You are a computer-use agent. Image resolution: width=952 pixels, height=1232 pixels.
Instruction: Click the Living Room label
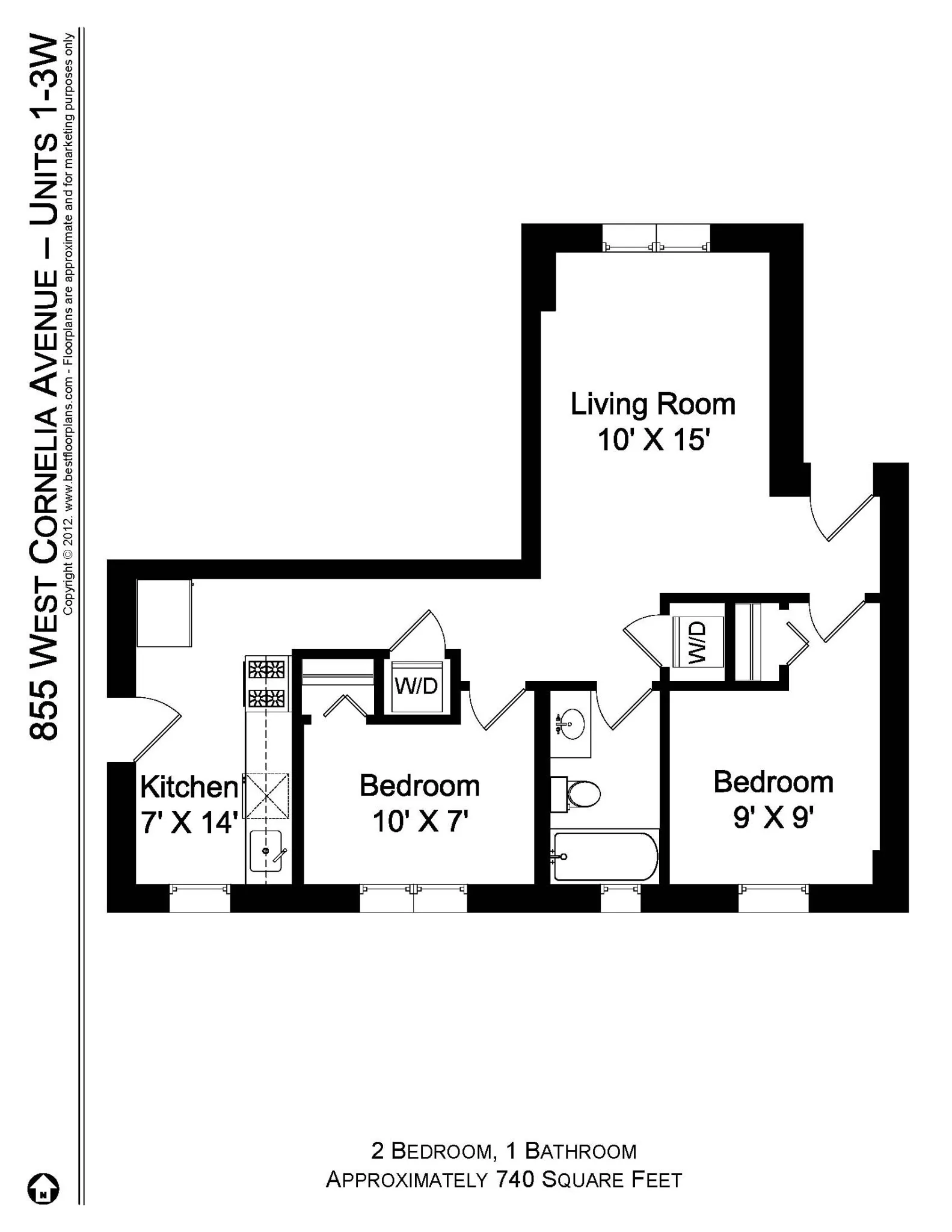(653, 404)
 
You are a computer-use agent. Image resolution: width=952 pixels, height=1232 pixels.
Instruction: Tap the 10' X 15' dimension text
(654, 440)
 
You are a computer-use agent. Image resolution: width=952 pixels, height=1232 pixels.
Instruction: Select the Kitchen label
(189, 787)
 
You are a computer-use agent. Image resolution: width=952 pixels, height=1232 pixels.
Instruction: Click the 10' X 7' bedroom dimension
(420, 821)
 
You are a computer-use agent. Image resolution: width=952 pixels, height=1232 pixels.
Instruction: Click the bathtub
(604, 857)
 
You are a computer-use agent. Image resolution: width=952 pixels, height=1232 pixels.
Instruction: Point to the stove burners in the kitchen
(266, 683)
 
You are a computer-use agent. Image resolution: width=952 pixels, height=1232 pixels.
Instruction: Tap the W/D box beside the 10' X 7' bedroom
(416, 686)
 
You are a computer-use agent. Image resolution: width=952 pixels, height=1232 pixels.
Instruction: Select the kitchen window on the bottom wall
(200, 898)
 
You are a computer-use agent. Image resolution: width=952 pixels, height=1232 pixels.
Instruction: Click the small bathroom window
(621, 898)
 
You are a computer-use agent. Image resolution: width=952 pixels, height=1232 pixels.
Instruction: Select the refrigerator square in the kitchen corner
(164, 612)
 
